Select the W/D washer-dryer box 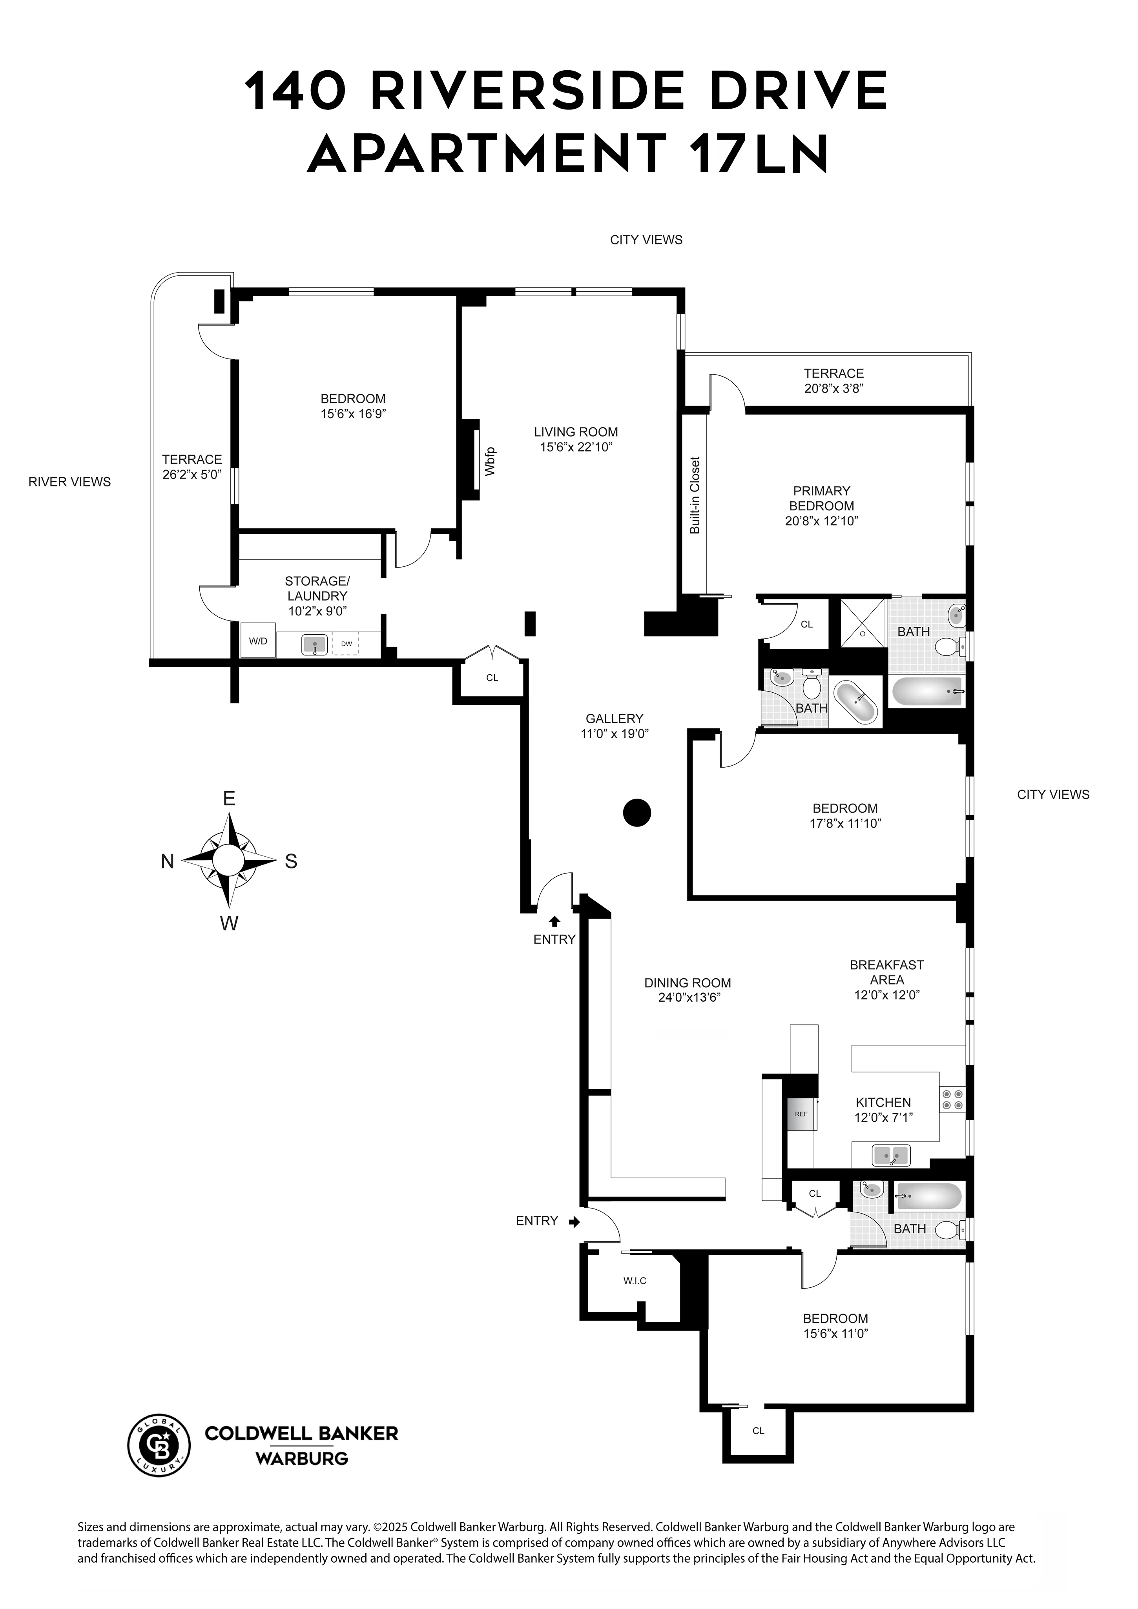click(x=258, y=641)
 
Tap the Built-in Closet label click(x=695, y=495)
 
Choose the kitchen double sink click(x=890, y=1154)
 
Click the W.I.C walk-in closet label click(x=635, y=1280)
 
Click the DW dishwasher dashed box click(x=346, y=643)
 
